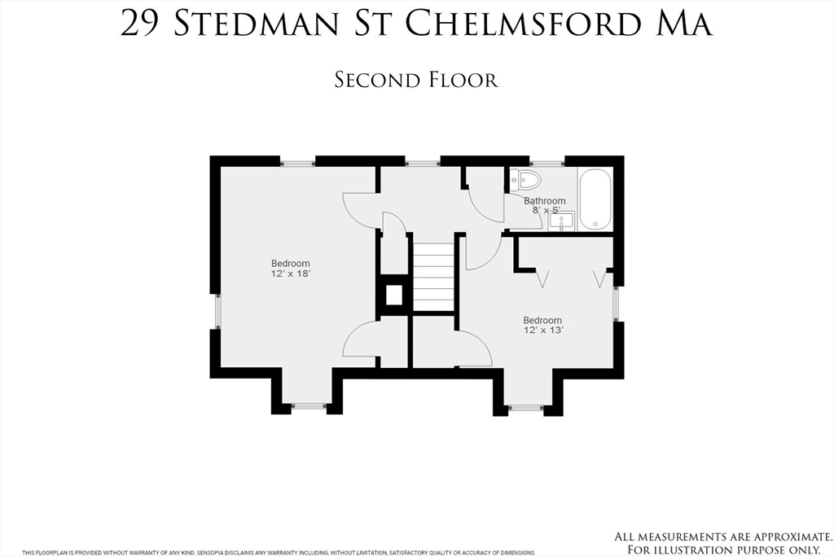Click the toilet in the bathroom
click(x=525, y=180)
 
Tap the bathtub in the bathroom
click(x=595, y=199)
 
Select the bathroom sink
click(x=562, y=221)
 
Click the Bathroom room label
click(x=545, y=201)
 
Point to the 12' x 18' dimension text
click(x=291, y=274)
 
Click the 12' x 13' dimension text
click(x=543, y=330)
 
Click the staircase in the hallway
click(x=434, y=277)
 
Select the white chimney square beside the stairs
click(x=393, y=295)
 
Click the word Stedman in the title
click(x=257, y=24)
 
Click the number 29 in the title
click(x=140, y=24)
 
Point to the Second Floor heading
click(x=416, y=81)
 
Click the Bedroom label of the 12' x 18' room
click(x=291, y=264)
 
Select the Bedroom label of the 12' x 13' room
click(x=542, y=321)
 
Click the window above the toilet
click(x=546, y=162)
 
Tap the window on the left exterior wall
click(x=217, y=311)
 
